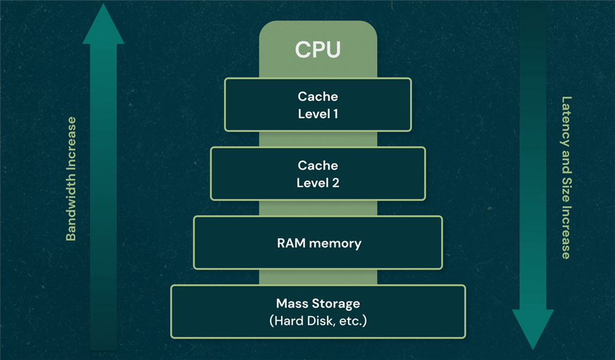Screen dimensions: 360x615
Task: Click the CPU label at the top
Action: [x=317, y=49]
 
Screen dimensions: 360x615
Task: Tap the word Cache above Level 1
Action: [x=318, y=97]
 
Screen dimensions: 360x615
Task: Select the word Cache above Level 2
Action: [x=318, y=166]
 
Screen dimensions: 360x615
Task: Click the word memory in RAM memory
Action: [x=335, y=243]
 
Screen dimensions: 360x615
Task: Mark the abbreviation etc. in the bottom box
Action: [x=352, y=321]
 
